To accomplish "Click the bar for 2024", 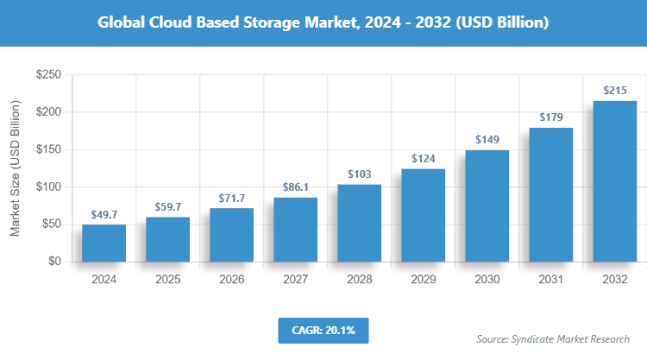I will tap(104, 243).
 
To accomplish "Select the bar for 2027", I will tap(295, 229).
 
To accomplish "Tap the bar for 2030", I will tap(487, 205).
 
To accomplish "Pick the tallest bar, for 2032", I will tap(614, 180).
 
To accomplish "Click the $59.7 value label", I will tap(167, 207).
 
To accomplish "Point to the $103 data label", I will tap(359, 174).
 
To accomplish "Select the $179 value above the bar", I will tap(550, 117).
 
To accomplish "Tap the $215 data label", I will tap(614, 91).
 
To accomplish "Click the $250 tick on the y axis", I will tap(47, 75).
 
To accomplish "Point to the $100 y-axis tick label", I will tap(47, 186).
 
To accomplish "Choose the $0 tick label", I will tap(53, 261).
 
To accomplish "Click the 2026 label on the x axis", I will tap(231, 280).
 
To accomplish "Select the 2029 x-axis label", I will tap(423, 280).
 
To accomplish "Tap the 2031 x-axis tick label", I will tap(550, 280).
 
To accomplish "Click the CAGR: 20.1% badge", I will tap(323, 330).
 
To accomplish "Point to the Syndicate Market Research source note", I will tap(553, 338).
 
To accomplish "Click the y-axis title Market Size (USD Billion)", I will tap(15, 168).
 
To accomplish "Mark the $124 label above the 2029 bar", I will tap(423, 159).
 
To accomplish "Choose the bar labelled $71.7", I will tap(231, 235).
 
